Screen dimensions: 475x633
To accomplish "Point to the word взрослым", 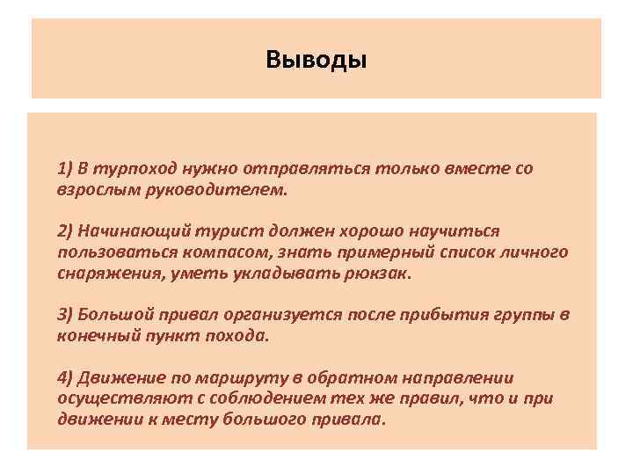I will pos(91,188).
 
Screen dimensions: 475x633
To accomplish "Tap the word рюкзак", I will pos(382,274).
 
